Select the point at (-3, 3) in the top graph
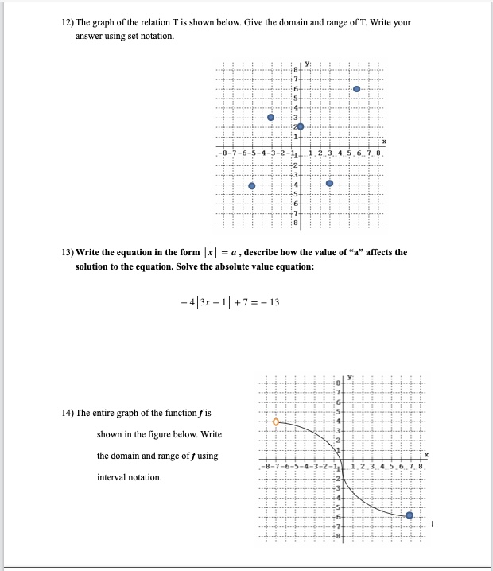271,117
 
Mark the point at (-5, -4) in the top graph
252,185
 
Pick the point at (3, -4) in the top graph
330,184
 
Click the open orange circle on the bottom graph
276,422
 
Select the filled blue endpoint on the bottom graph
410,515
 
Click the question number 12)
68,22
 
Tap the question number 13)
68,252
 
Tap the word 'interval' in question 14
114,477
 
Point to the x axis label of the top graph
384,141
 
